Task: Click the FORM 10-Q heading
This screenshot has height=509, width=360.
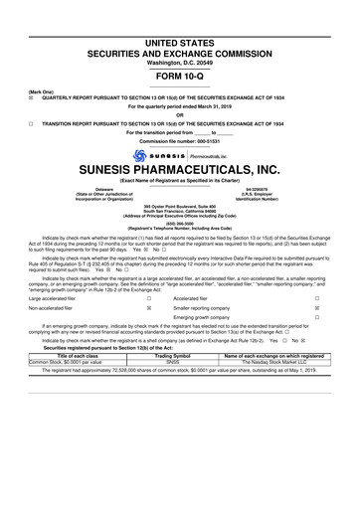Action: (x=180, y=49)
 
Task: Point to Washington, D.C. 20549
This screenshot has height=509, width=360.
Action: (x=180, y=32)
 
